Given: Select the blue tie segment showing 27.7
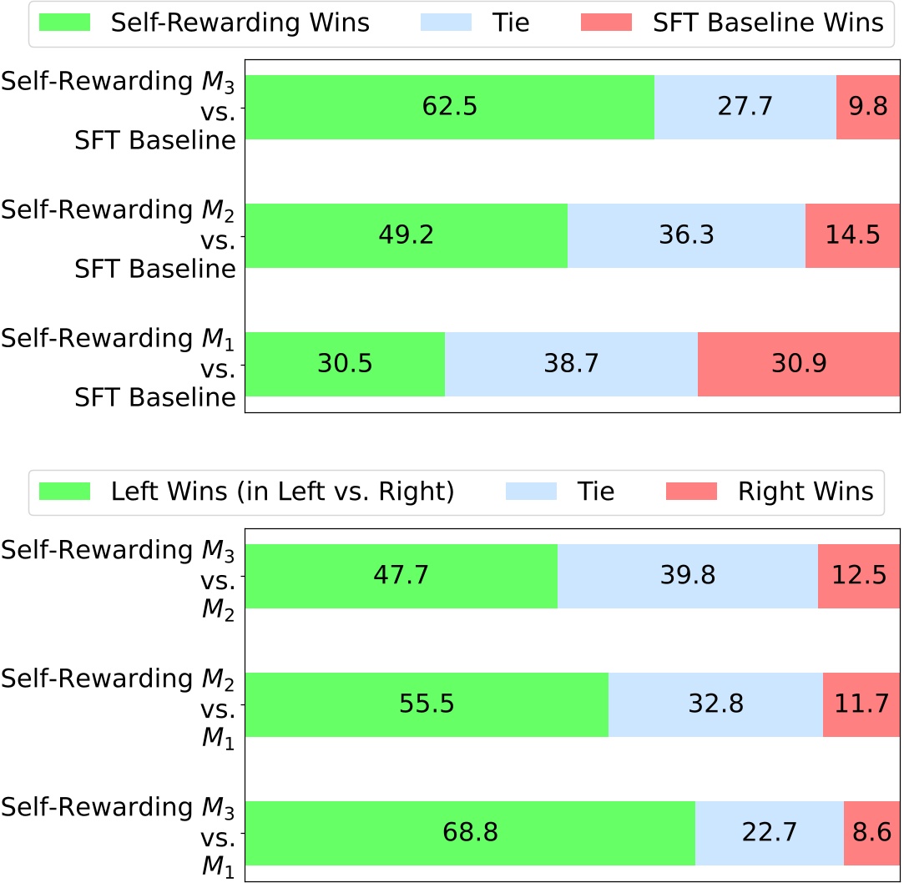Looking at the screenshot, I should coord(745,107).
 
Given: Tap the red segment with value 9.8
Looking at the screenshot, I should coord(868,107).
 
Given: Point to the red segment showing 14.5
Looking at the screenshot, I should coord(852,235).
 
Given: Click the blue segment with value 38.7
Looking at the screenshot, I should coord(571,364).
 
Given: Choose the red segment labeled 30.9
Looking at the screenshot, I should coord(799,364).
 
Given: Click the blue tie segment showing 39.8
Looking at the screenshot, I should coord(687,576).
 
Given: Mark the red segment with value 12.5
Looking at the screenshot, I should coord(859,576).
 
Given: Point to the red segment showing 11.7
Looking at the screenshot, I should coord(861,704).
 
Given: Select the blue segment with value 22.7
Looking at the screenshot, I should coord(769,833).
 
